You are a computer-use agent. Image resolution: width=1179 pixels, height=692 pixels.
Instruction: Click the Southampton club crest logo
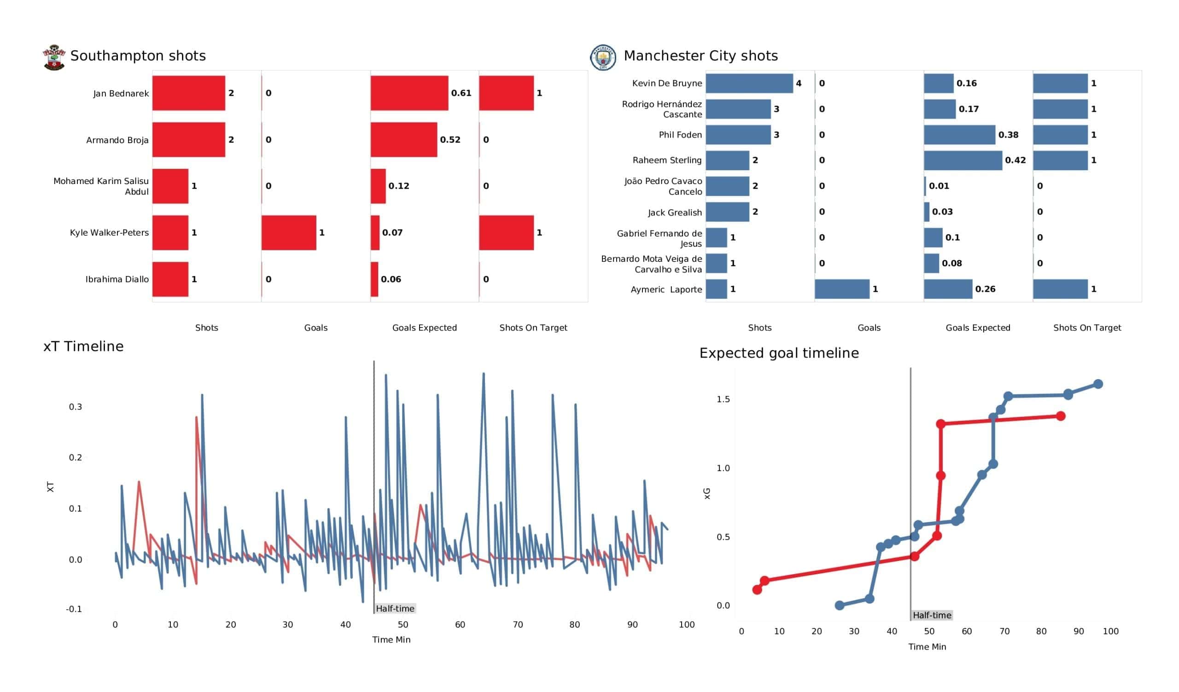(x=54, y=58)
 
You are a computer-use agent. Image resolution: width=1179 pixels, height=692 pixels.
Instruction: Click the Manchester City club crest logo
(x=602, y=58)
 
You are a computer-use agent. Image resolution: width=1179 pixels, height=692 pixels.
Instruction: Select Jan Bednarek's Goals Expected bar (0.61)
(x=409, y=93)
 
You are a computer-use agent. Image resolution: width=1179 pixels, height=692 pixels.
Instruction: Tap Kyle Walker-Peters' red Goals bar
(x=289, y=233)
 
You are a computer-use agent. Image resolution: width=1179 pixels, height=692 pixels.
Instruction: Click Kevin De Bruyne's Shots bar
(x=749, y=83)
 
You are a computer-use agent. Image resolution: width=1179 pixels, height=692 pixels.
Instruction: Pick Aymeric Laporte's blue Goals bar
(x=842, y=289)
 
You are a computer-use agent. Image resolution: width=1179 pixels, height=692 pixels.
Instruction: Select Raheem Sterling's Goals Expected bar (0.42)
(x=963, y=161)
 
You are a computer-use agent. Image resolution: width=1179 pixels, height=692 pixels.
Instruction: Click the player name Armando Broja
(x=117, y=140)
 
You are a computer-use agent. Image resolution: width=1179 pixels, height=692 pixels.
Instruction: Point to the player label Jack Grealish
(x=674, y=213)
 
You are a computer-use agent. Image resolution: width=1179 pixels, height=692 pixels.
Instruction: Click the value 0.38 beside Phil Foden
(x=1008, y=135)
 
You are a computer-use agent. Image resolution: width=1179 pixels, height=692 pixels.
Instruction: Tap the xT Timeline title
(x=83, y=346)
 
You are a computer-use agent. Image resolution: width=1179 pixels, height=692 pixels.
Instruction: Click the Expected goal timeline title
(x=778, y=353)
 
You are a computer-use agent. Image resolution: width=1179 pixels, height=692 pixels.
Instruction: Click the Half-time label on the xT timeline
(x=395, y=608)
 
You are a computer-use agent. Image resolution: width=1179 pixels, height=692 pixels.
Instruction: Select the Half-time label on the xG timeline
(x=932, y=615)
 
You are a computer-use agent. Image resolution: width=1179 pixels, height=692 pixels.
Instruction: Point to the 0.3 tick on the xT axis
(x=76, y=407)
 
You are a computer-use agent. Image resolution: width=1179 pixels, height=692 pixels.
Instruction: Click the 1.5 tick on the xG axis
(x=723, y=399)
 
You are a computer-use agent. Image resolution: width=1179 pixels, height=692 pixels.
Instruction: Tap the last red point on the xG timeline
(x=1060, y=416)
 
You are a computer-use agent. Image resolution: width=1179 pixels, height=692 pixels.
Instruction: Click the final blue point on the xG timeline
(x=1097, y=384)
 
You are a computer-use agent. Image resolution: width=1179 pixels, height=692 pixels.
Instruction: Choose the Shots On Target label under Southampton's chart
(x=533, y=328)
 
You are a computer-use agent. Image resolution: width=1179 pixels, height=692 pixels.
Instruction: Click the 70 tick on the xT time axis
(x=518, y=625)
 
